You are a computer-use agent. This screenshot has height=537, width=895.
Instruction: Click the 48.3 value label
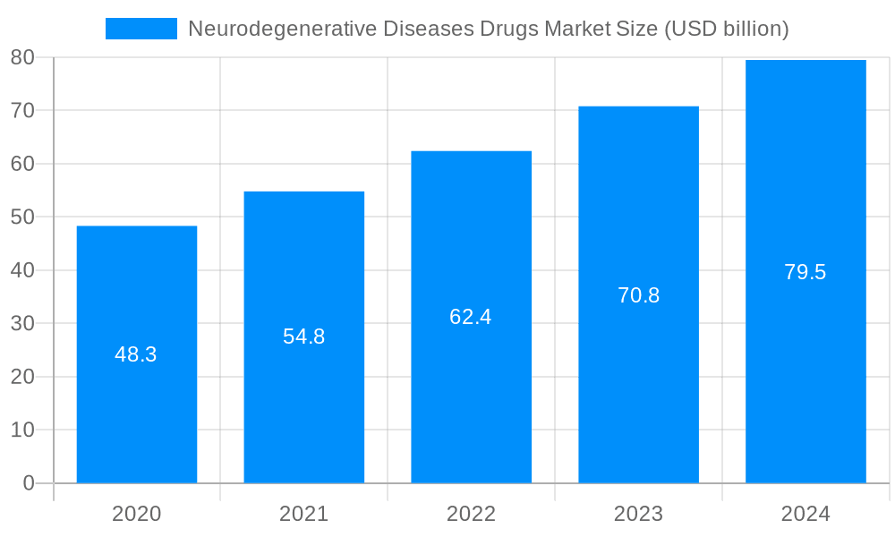pos(136,354)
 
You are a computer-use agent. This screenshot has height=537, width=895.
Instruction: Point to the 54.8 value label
pos(304,337)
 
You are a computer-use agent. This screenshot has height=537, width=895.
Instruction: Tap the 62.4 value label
pos(471,317)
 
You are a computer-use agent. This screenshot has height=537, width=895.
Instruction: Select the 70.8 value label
pos(638,295)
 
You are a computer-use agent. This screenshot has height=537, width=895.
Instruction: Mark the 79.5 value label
pos(805,272)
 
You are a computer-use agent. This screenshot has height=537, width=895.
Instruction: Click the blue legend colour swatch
pos(141,29)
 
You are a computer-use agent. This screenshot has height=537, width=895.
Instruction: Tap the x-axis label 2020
pos(137,514)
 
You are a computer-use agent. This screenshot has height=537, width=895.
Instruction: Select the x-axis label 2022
pos(471,514)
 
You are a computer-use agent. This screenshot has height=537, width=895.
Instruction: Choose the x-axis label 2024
pos(805,514)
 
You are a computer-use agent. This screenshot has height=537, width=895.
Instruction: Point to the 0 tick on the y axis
pos(28,483)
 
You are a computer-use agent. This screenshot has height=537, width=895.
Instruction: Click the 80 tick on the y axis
pos(22,57)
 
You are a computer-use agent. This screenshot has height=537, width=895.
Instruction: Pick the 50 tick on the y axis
pos(22,217)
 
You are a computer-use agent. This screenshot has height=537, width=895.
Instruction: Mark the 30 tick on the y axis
pos(22,323)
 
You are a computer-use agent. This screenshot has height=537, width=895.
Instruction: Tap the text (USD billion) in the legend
pos(726,29)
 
